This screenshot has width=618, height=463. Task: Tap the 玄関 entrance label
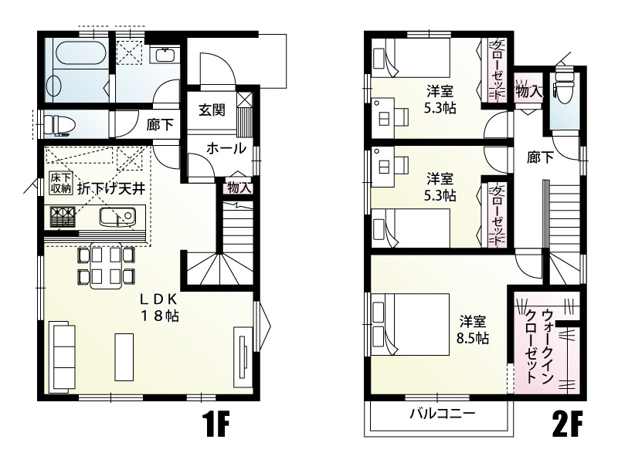(x=212, y=110)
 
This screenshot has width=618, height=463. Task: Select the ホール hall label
(x=226, y=148)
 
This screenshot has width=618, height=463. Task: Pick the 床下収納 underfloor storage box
(x=61, y=183)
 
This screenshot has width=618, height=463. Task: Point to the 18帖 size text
(x=160, y=316)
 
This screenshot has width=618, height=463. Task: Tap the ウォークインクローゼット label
(x=539, y=345)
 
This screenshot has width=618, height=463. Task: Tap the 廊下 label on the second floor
(x=540, y=157)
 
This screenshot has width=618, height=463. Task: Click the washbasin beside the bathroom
(x=164, y=55)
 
